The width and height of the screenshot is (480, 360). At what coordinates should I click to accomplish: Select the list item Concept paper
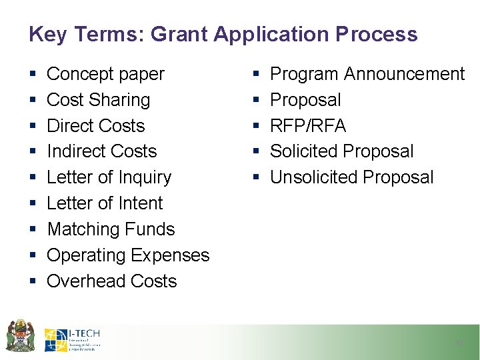click(105, 74)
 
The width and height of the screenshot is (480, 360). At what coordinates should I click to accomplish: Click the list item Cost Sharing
click(98, 100)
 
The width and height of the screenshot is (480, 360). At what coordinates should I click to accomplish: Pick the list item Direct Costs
click(95, 126)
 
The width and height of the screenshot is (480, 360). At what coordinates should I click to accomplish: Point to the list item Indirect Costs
click(101, 151)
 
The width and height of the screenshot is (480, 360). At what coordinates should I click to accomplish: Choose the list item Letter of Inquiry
click(109, 177)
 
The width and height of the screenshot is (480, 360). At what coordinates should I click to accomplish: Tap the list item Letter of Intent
click(105, 203)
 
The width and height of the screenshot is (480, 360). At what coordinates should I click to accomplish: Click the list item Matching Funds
click(111, 229)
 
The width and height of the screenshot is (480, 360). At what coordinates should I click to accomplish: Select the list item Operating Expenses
click(128, 255)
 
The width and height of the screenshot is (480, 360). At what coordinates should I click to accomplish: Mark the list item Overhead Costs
click(111, 281)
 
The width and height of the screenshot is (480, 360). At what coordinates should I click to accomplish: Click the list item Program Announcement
click(367, 74)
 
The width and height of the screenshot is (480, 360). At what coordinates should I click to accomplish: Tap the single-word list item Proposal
click(305, 100)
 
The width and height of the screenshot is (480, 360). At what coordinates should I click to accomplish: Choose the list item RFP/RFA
click(307, 126)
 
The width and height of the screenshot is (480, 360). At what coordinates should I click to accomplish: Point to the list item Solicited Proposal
click(341, 151)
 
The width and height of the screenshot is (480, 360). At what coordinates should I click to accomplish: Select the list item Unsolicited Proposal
click(351, 177)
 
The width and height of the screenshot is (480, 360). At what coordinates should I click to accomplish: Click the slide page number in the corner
click(458, 343)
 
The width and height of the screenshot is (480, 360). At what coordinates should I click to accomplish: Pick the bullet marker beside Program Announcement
click(257, 74)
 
